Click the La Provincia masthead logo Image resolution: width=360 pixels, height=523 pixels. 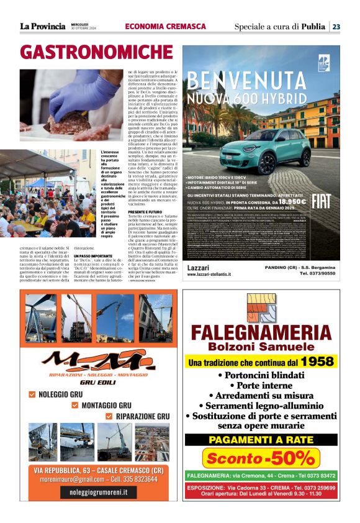[42, 26]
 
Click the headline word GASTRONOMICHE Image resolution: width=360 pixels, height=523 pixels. [88, 52]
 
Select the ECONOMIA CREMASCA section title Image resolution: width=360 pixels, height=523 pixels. [165, 26]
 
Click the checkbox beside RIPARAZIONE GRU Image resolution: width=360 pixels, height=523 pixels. [109, 416]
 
